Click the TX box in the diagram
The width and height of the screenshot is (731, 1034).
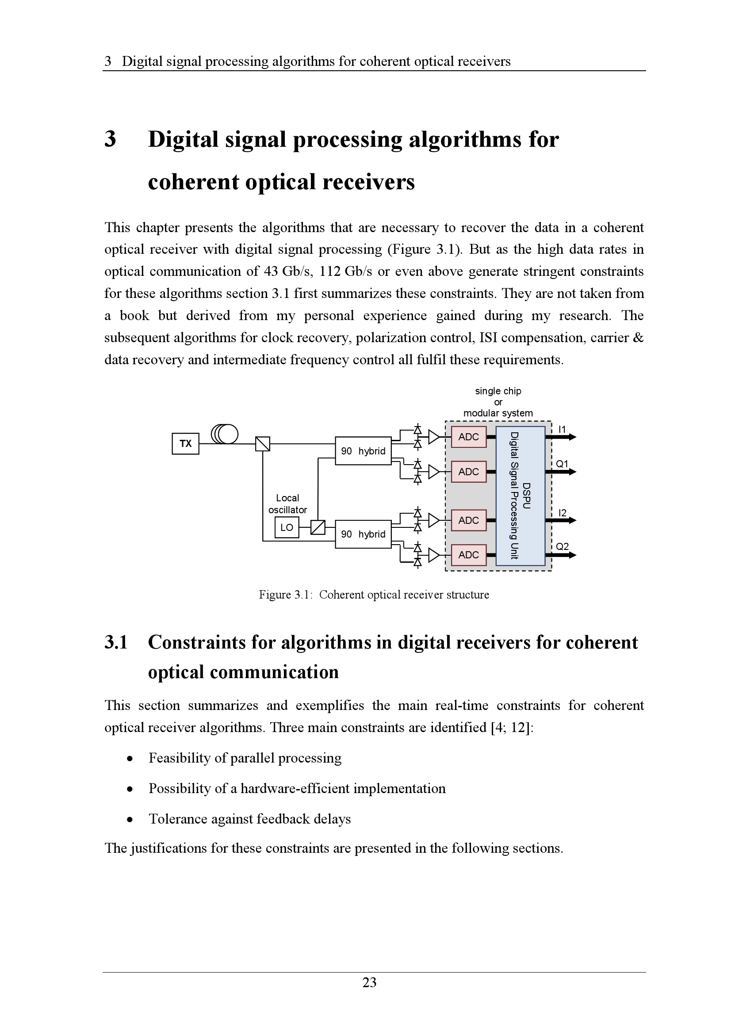point(185,443)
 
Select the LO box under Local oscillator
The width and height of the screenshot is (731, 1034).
point(287,527)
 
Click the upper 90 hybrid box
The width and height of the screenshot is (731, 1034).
point(363,451)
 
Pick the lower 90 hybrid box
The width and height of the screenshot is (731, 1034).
point(363,534)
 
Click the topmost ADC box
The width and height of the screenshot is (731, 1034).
point(468,437)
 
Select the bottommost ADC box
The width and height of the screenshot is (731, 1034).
point(468,555)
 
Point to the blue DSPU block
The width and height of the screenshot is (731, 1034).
point(520,496)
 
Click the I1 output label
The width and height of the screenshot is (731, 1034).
point(562,429)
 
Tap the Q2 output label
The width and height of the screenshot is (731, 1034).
point(562,547)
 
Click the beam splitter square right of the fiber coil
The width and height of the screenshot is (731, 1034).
point(263,444)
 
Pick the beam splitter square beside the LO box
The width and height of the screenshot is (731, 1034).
point(318,527)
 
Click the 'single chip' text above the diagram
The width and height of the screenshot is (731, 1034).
point(498,391)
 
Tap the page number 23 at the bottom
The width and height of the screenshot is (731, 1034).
point(369,982)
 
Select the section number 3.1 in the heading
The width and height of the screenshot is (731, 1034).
point(116,642)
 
